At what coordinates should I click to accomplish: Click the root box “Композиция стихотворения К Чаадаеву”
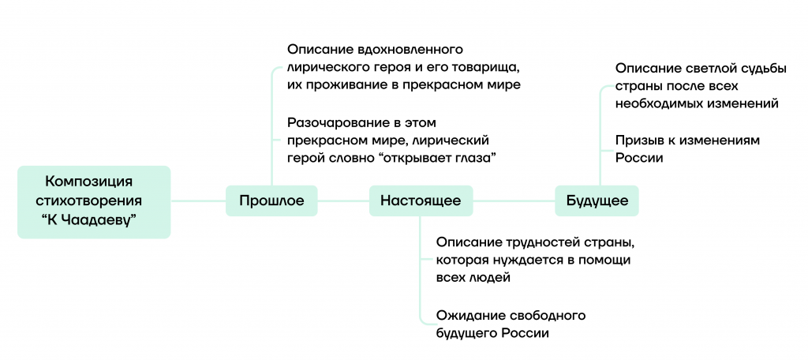tap(94, 201)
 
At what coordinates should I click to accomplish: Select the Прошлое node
tap(271, 201)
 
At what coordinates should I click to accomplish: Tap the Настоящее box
tap(421, 201)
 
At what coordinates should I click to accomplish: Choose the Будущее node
tap(597, 201)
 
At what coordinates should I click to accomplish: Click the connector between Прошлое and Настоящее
tap(343, 201)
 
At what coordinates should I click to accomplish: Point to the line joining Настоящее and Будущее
tap(514, 201)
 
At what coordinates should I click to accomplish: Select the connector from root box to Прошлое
tap(198, 201)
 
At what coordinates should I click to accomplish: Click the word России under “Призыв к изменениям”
tap(638, 158)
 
